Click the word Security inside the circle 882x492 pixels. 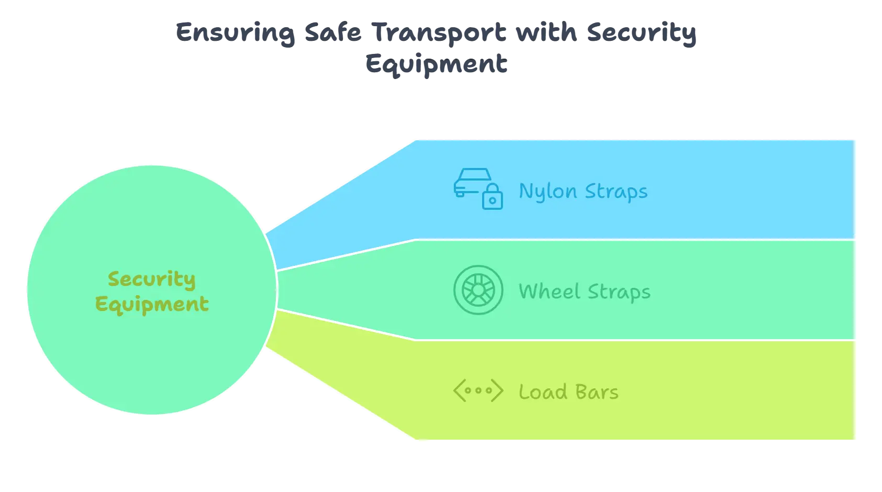coord(151,279)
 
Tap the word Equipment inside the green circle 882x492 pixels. coord(152,304)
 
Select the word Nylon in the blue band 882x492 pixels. coord(548,192)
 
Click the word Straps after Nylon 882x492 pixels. coord(616,192)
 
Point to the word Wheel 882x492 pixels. coord(550,292)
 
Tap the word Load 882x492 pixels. coord(543,392)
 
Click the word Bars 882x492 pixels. coord(597,392)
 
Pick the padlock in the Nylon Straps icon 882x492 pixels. coord(492,197)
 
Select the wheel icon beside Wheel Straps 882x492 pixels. coord(478,290)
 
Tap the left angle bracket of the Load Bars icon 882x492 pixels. coord(459,390)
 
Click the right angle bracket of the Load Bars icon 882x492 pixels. coord(497,390)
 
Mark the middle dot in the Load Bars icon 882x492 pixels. coord(478,390)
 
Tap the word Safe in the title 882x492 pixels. coord(332,32)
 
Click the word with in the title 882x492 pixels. coord(545,32)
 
